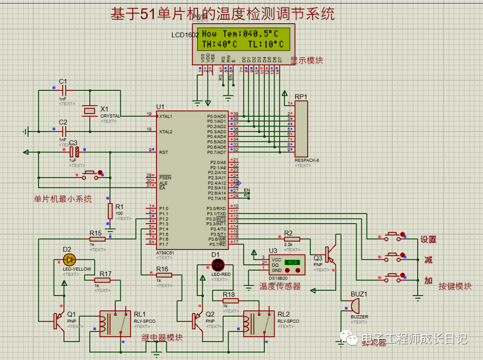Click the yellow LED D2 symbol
(68, 259)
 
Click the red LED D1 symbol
(218, 264)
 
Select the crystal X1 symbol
(90, 110)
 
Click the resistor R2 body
(292, 239)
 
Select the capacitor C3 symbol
(76, 152)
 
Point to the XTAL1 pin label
(165, 116)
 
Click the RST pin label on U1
(164, 152)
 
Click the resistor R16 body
(164, 275)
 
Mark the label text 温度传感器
(280, 286)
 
